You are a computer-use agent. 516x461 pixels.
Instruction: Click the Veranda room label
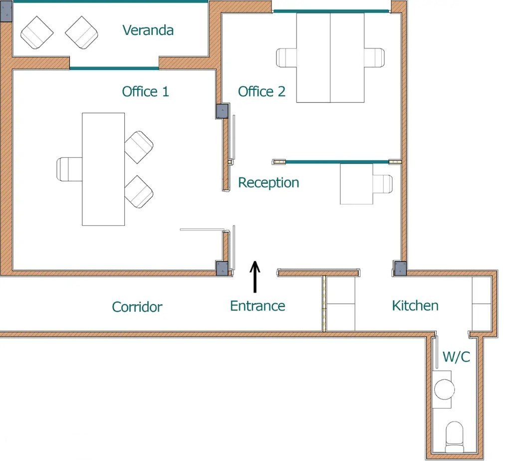[x=148, y=30]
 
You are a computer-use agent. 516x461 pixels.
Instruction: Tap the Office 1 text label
[x=145, y=91]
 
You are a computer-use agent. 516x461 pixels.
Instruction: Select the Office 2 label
[x=261, y=91]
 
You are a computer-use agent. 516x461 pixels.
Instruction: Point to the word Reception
[x=268, y=183]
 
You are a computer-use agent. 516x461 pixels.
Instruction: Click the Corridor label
[x=137, y=307]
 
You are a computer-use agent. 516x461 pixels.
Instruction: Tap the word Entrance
[x=258, y=306]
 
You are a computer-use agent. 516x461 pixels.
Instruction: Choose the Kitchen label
[x=415, y=306]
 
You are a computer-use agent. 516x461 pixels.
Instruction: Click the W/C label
[x=457, y=357]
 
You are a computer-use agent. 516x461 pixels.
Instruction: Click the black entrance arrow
[x=255, y=277]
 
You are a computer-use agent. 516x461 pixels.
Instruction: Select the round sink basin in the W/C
[x=444, y=389]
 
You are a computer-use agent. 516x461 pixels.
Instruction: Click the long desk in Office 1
[x=103, y=169]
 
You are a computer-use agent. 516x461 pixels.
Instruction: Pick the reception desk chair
[x=383, y=184]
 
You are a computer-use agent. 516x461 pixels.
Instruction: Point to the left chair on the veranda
[x=37, y=32]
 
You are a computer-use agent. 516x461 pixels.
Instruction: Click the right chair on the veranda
[x=82, y=32]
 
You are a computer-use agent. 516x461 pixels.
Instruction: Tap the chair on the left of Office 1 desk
[x=69, y=169]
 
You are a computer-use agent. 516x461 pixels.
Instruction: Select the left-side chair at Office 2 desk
[x=286, y=57]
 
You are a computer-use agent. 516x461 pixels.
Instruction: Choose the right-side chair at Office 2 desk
[x=374, y=57]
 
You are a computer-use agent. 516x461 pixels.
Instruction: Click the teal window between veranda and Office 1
[x=114, y=68]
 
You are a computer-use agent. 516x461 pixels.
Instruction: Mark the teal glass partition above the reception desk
[x=337, y=162]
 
